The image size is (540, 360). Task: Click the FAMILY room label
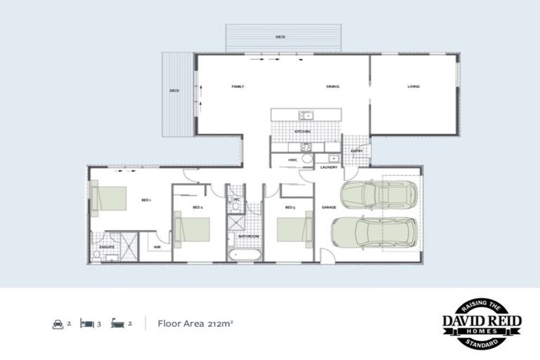point(238,86)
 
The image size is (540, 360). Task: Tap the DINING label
point(333,86)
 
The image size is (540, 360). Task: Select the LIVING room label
point(413,86)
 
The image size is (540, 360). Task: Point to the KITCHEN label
point(302,131)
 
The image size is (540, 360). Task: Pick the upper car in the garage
point(378,195)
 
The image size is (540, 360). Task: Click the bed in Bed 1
point(110,198)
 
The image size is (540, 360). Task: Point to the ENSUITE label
point(108,247)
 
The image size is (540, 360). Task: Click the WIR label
point(157,247)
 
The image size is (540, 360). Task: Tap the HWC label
point(292,160)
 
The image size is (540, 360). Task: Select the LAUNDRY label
point(329,167)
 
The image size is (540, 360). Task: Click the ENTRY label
point(356,150)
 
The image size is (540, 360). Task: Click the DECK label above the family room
point(281,37)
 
